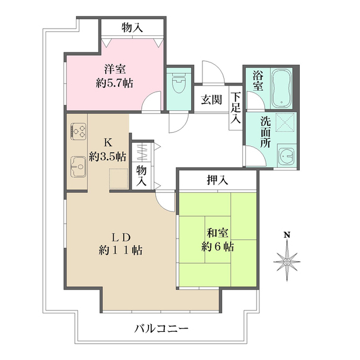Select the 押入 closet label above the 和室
(x=217, y=181)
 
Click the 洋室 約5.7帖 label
(x=114, y=76)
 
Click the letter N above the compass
(x=287, y=235)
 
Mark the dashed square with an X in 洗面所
(x=287, y=122)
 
